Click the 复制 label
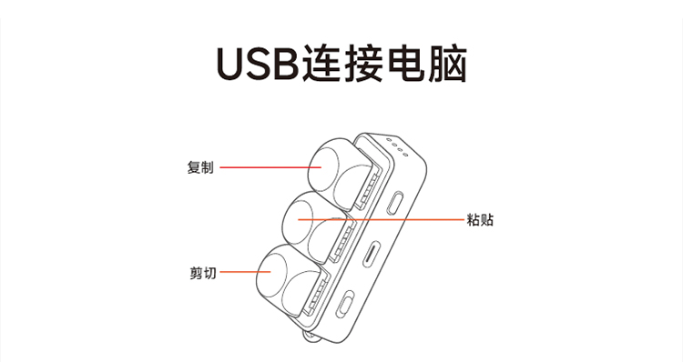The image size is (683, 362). click(200, 168)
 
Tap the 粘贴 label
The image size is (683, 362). click(479, 219)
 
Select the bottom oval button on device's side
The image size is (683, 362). click(348, 303)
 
